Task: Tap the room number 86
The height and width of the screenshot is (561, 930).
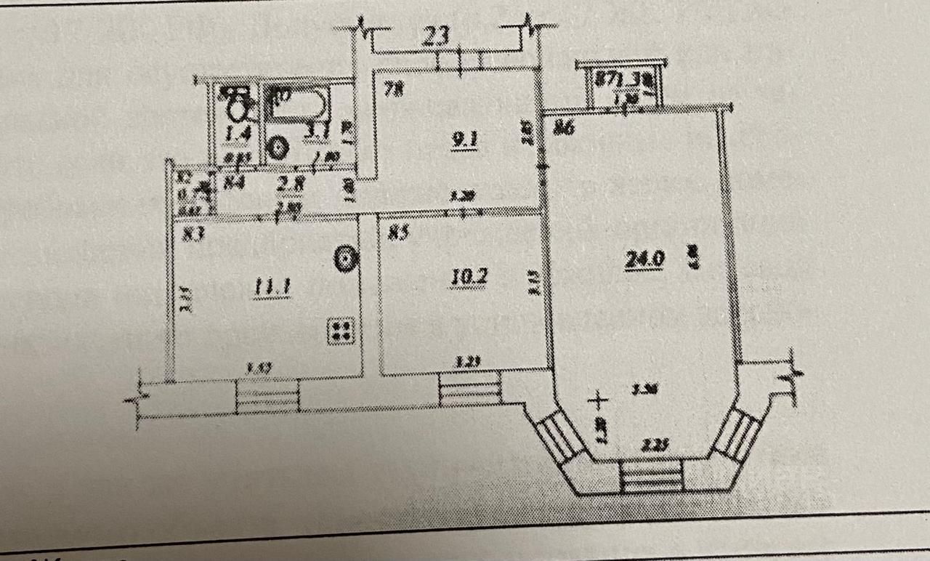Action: [x=565, y=129]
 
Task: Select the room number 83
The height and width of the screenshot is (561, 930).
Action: [x=192, y=233]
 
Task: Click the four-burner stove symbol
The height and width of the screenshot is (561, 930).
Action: [x=341, y=331]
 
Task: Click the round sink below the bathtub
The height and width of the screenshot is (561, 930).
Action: [x=277, y=148]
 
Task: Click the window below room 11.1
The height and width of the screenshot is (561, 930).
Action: [x=268, y=397]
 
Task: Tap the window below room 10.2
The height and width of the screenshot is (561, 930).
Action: [x=470, y=389]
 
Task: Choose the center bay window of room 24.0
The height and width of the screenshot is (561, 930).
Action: [x=652, y=476]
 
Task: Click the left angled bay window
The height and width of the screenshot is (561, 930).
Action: [x=559, y=436]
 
